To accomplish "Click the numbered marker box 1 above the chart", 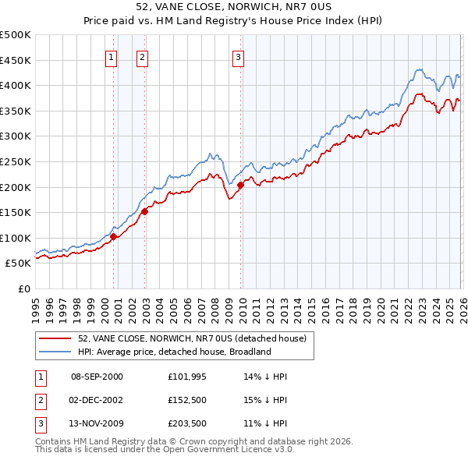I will [x=111, y=56].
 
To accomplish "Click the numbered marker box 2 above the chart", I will [x=142, y=56].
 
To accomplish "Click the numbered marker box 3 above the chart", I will [x=238, y=56].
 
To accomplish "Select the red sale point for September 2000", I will [x=113, y=236].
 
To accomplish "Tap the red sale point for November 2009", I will [x=240, y=185].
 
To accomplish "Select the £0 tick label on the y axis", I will [x=24, y=288].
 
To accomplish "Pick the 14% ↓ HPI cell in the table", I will [x=265, y=377].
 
